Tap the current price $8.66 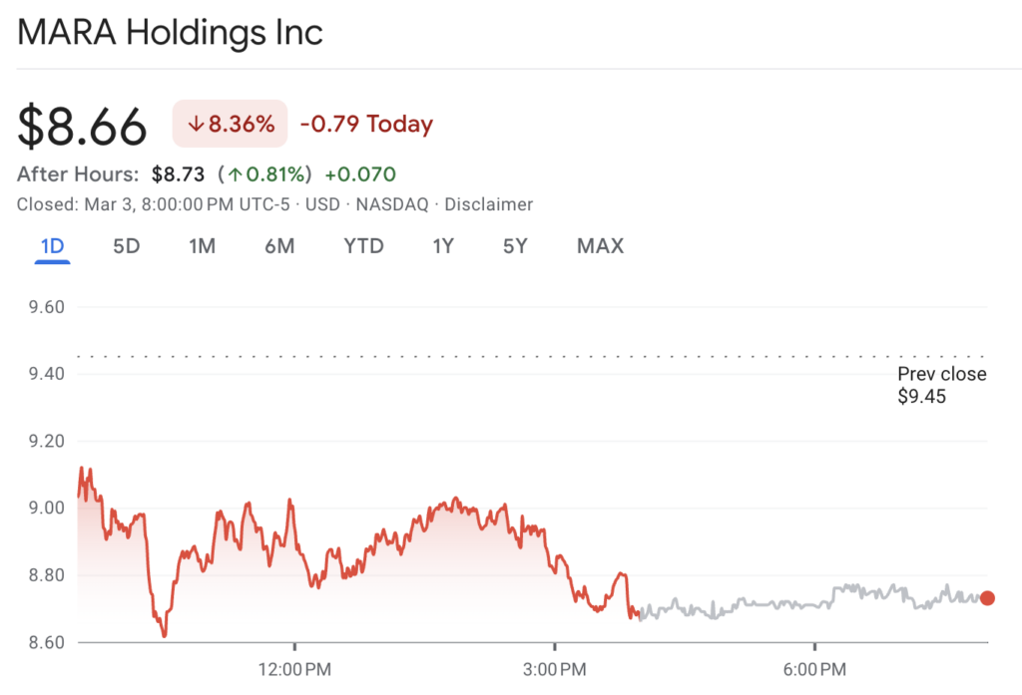[83, 126]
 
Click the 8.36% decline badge [230, 125]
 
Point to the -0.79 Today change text [366, 125]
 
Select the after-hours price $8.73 [179, 174]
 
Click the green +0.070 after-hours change [360, 174]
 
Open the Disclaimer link [488, 204]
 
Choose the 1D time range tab [52, 246]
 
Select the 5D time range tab [126, 246]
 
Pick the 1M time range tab [202, 246]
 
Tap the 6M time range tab [279, 246]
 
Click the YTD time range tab [363, 246]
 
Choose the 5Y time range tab [514, 246]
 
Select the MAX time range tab [600, 246]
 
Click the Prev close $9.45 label [941, 385]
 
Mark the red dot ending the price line [987, 598]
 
